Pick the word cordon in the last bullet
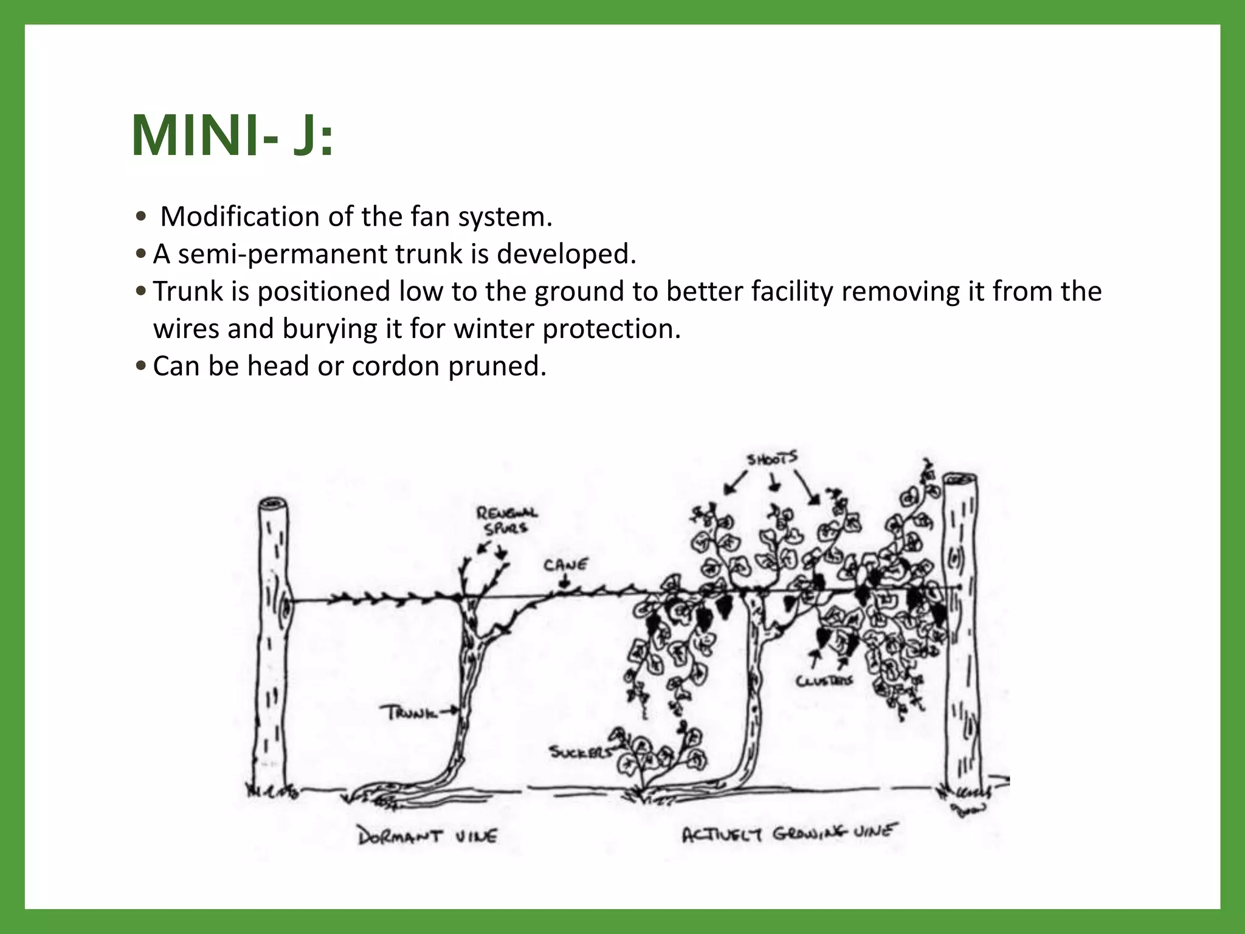pos(395,367)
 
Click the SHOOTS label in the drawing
pos(773,459)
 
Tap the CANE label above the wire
pos(565,565)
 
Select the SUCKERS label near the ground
pos(581,753)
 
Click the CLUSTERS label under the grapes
pos(824,681)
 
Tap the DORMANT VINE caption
pos(427,837)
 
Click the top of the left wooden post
pos(273,505)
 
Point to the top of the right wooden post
pos(960,479)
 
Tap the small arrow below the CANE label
pos(565,583)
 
